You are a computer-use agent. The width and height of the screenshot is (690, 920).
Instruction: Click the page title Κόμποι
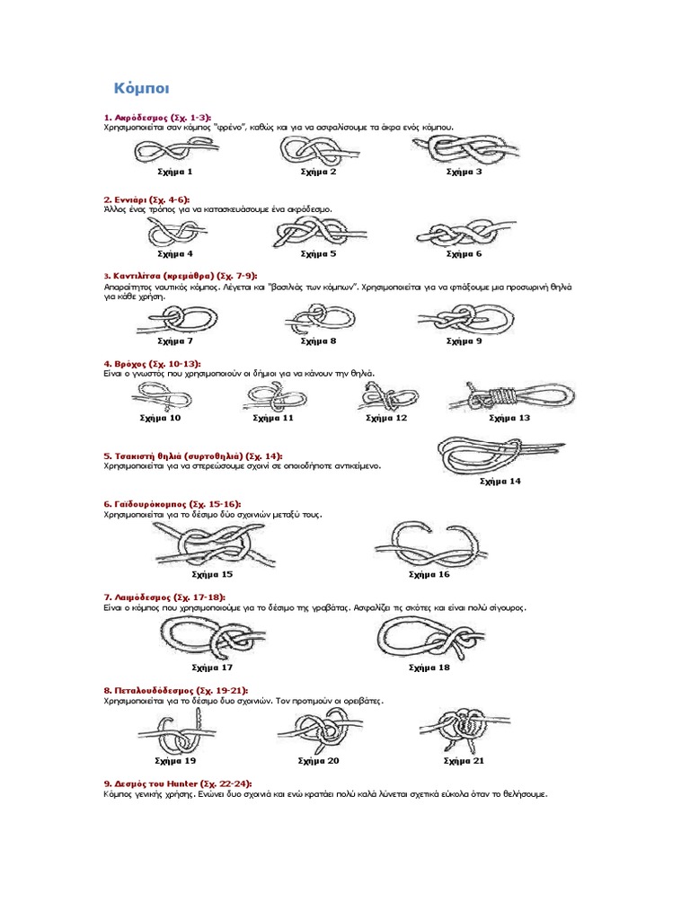click(141, 88)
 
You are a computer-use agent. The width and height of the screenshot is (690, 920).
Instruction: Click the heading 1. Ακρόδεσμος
click(156, 118)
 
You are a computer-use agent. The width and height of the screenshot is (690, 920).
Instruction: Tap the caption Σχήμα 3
click(464, 171)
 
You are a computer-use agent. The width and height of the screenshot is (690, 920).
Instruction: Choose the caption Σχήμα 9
click(464, 341)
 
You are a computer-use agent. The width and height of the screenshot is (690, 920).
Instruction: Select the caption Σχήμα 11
click(273, 418)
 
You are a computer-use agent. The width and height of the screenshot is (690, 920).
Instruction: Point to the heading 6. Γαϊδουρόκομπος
click(172, 505)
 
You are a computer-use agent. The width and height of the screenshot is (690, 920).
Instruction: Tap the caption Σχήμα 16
click(429, 574)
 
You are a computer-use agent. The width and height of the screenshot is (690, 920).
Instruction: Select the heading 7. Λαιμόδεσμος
click(164, 597)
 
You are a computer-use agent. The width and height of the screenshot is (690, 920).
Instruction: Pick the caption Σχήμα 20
click(318, 760)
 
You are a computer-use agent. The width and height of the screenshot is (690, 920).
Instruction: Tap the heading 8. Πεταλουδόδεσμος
click(175, 691)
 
